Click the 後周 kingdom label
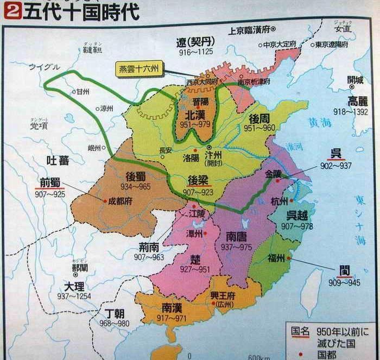260,118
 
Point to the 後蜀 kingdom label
136,176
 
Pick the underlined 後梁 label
199,179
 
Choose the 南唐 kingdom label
236,237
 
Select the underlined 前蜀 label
50,182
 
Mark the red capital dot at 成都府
105,200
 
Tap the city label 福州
276,258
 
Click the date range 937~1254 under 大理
74,296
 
